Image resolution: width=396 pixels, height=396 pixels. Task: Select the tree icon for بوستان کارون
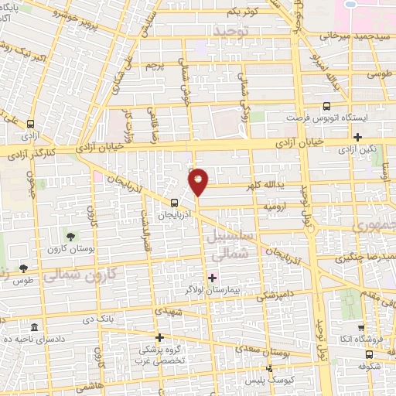[x=70, y=235]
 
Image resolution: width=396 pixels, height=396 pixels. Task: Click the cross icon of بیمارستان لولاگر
[x=213, y=276]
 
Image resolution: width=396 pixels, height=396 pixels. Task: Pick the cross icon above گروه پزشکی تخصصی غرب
[x=160, y=337]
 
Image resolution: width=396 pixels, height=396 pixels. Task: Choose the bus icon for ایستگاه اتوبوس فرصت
[x=326, y=108]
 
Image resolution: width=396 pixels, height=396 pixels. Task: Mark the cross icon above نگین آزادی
[x=357, y=137]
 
